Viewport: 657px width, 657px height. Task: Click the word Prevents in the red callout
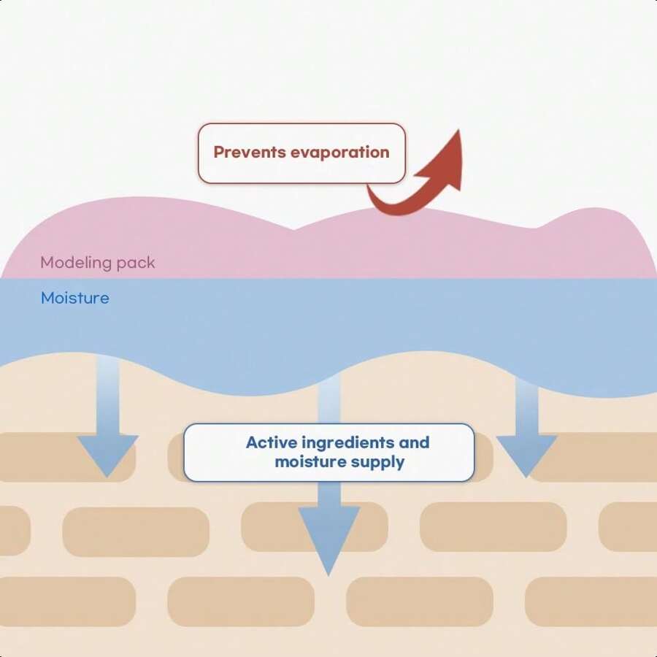(250, 152)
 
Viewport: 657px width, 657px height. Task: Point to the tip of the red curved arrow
(459, 130)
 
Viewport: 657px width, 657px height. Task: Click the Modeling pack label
(98, 263)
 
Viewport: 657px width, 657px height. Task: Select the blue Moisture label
(75, 298)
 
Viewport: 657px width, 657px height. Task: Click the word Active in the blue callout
(272, 442)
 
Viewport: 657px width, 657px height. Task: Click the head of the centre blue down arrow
(329, 539)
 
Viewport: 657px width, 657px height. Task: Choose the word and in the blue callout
(414, 442)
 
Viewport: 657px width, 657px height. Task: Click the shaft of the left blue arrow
(108, 396)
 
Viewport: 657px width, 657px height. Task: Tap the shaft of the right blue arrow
(526, 407)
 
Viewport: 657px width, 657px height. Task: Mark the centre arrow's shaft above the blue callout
(329, 399)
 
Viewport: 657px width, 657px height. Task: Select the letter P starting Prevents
(219, 152)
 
